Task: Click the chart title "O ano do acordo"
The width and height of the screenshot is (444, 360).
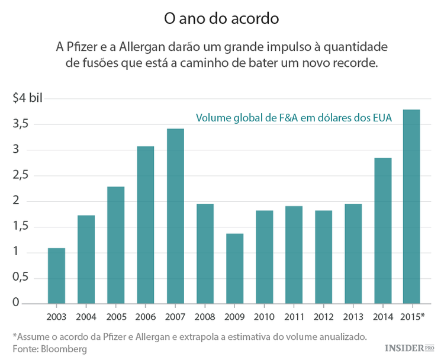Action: [221, 18]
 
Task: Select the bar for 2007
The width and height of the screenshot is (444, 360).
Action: [175, 216]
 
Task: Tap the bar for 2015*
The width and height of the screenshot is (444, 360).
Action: [411, 207]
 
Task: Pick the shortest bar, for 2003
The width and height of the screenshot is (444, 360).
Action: [56, 276]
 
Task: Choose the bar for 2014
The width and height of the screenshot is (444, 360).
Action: [382, 231]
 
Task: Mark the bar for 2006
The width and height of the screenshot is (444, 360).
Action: [146, 225]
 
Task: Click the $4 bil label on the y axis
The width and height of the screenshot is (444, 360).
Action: [28, 98]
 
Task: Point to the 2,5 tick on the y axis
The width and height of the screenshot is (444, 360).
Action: [21, 175]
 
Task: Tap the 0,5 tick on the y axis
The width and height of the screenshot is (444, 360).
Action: [21, 278]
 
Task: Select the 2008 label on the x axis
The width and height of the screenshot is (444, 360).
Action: [205, 317]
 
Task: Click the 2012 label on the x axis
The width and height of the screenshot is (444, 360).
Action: [323, 317]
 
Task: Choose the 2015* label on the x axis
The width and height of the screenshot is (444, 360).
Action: [412, 317]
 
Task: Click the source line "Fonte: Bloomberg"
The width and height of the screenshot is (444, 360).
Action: [50, 349]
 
